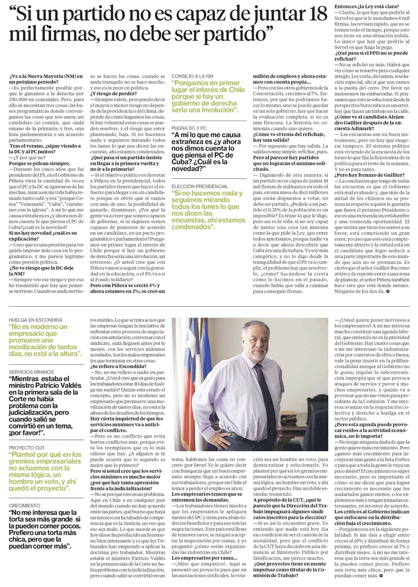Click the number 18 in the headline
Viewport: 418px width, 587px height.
[x=316, y=14]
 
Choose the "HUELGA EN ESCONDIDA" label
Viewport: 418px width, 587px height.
[x=36, y=320]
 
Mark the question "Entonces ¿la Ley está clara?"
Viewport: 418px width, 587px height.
[x=366, y=6]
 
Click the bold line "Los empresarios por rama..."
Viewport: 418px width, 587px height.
[x=198, y=557]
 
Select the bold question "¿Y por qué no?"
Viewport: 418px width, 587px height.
[x=24, y=158]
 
